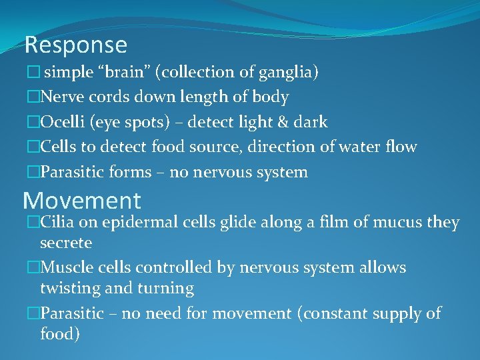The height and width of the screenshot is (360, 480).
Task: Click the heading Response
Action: point(75,45)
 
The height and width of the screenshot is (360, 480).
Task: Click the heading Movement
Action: point(82,200)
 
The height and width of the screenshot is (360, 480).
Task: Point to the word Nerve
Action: point(60,97)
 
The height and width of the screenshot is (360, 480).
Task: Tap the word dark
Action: point(310,122)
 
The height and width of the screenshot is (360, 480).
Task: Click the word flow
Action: point(401,147)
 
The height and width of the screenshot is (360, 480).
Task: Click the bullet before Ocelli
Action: point(33,123)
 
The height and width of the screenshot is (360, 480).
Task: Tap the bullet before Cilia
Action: point(33,223)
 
